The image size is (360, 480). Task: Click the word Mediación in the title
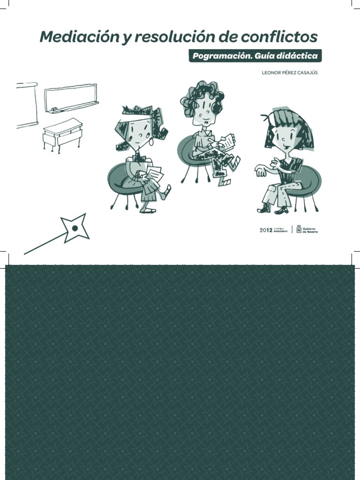coord(79,37)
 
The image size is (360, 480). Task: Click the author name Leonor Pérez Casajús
coord(289,73)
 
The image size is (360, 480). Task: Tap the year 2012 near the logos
coord(266,230)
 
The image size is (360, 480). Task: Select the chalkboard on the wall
coord(71,97)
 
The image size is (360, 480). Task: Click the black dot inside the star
coord(75,228)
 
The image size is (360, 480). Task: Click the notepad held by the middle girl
coord(228,141)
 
